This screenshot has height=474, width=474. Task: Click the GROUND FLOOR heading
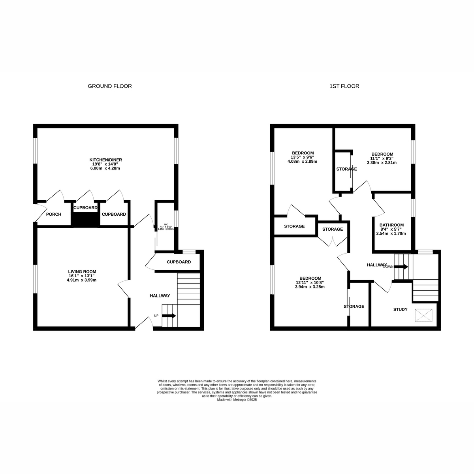coord(110,86)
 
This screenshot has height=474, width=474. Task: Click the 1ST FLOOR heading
coord(344,86)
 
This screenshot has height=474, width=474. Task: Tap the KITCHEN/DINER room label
coord(105,160)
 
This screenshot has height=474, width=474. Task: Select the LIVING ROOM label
coord(82,272)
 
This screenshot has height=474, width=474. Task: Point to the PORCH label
coord(54,214)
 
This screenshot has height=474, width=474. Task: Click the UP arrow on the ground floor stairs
coord(169,316)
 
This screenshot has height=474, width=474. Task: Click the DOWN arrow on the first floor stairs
coord(401,267)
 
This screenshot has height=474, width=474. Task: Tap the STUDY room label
coord(400,309)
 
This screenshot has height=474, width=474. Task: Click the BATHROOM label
coord(391,225)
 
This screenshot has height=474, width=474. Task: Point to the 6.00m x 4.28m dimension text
coord(105,168)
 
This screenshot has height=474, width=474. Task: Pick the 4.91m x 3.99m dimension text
coord(82,280)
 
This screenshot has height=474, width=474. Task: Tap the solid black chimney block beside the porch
coord(85,220)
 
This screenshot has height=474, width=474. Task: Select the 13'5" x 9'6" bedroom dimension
coord(303,157)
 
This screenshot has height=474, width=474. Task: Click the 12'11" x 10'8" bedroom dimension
coord(310,282)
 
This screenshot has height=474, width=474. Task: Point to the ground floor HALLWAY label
coord(160,296)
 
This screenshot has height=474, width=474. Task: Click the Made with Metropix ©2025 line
coord(237,400)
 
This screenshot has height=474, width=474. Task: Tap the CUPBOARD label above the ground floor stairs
coord(179,262)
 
